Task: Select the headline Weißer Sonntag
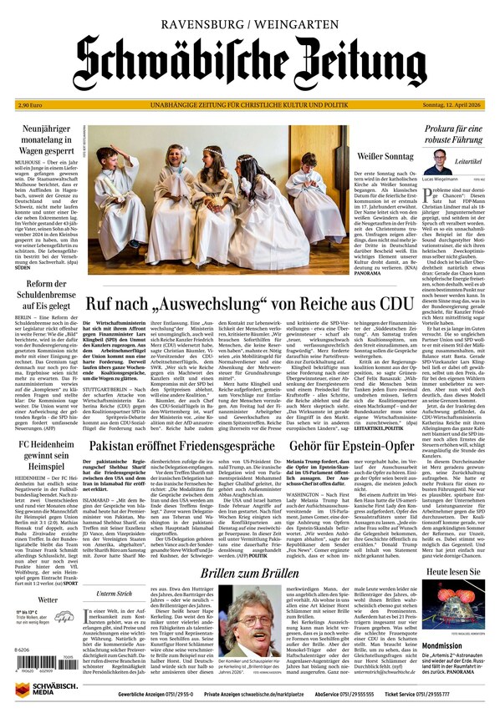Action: coord(385,157)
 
